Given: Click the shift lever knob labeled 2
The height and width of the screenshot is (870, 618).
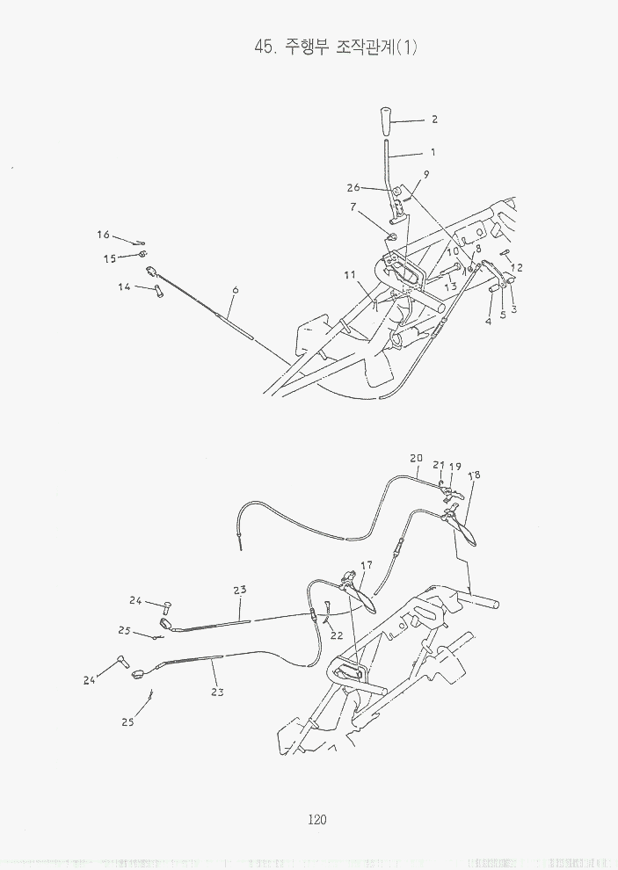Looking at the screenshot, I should pos(387,122).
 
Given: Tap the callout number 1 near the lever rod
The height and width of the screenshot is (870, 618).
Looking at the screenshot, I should pos(433,152).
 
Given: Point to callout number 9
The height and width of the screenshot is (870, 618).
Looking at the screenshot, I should pos(426,174).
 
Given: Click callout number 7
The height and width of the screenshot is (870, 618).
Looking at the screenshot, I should pos(353,207).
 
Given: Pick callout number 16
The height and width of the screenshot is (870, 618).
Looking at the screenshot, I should pos(103,235).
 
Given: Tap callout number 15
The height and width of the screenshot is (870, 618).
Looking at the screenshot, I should pos(110,258).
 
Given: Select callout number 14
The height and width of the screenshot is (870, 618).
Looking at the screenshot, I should pos(124,286).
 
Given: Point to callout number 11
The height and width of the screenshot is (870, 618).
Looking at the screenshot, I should pos(350,275).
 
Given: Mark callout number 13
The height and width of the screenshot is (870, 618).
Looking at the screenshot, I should pos(450,286).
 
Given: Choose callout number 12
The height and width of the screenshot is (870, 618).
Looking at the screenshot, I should pos(517,267).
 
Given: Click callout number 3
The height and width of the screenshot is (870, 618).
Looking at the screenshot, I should pos(513,309).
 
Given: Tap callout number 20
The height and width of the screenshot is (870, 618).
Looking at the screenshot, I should pos(416,458).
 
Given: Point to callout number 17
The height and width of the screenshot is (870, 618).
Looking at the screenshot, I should pos(367,564).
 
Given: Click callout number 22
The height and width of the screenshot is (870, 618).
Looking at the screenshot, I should pos(336,635).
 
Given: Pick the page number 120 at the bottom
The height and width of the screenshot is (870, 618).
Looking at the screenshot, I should pos(317,820).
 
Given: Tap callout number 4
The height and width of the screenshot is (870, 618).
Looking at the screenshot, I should pos(490,322).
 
